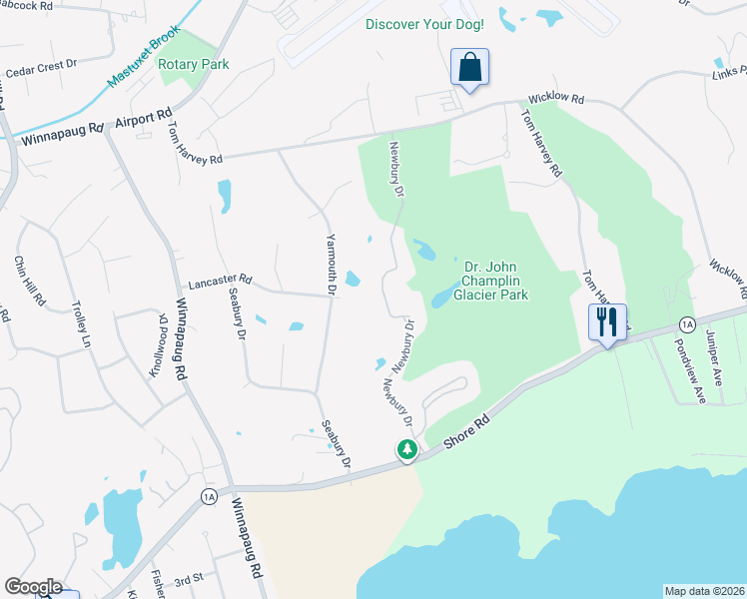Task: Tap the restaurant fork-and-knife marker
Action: (607, 322)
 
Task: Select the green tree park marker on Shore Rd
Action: (406, 450)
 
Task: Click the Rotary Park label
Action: (194, 65)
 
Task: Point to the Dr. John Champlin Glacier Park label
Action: (489, 281)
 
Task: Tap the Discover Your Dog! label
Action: (425, 24)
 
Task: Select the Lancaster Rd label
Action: (215, 282)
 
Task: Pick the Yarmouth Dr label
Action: (331, 265)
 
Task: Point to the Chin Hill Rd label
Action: (29, 281)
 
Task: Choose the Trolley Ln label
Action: (78, 324)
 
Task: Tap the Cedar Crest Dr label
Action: (41, 69)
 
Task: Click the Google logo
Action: (33, 587)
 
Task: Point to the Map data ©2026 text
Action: (704, 591)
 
